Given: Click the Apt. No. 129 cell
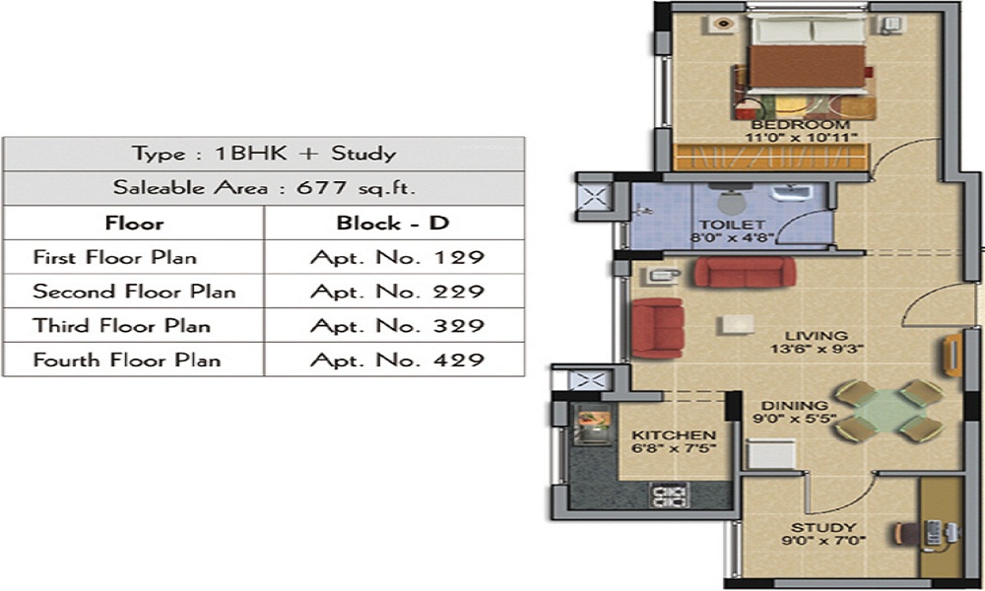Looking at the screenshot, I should tap(397, 258).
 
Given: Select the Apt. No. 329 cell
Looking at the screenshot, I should tap(397, 326).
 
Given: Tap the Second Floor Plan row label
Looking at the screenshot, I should tap(134, 292).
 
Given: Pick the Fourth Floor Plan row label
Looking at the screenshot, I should tap(126, 360).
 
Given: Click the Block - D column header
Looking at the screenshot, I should tap(393, 224).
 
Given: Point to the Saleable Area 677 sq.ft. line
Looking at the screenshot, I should tap(263, 188).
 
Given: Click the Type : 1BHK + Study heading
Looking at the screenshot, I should tap(263, 154).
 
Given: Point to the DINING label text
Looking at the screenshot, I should tap(794, 405).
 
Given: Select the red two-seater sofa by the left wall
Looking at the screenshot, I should tap(656, 327).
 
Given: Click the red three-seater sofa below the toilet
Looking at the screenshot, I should tap(744, 273).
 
